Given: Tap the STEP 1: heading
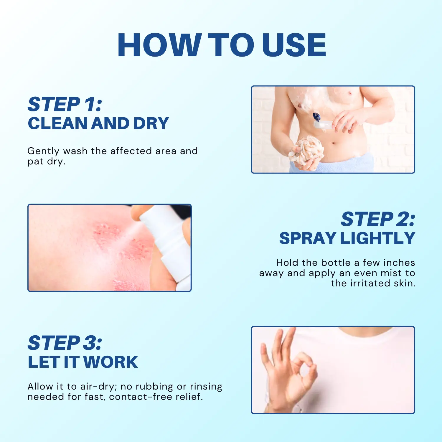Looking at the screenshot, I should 65,104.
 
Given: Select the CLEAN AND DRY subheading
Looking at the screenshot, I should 98,123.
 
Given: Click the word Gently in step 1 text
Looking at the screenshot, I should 43,151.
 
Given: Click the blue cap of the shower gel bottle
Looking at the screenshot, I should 316,117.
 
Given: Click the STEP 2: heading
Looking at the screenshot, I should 378,220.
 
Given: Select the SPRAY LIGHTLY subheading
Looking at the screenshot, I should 347,238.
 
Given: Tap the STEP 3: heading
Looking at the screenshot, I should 65,343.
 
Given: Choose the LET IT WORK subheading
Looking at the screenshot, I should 83,362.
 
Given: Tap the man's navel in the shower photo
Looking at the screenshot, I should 333,144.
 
